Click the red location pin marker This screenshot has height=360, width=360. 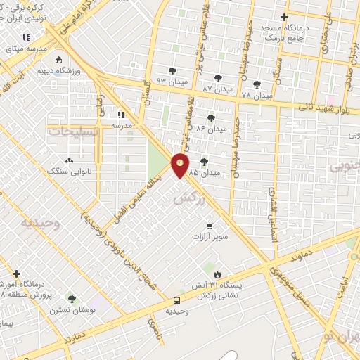coord(181,165)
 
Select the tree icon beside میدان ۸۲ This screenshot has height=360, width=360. coord(217,78)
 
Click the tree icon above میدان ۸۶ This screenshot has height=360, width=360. coord(212,118)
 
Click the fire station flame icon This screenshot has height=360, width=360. coord(217,274)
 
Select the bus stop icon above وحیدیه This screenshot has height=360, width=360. coord(177,299)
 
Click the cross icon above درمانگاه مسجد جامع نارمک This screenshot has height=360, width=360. coord(284,17)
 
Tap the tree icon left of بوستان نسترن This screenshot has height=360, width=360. coord(72,299)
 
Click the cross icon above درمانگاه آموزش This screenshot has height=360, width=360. coord(16,274)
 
